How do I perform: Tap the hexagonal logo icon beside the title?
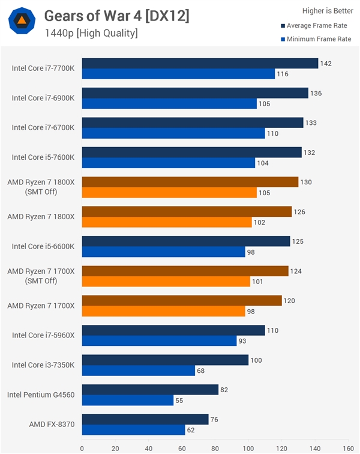pos(22,20)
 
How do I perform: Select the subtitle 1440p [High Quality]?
pos(91,33)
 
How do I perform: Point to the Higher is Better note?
pos(328,10)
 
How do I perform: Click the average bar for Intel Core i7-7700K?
pos(200,63)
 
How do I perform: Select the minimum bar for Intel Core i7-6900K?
pos(169,103)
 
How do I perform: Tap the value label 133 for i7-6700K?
pos(312,123)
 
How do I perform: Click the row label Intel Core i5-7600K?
pos(43,157)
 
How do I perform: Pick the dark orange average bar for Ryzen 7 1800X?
pos(187,211)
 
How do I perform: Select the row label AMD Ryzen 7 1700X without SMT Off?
pos(41,306)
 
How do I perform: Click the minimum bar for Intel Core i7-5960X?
pos(159,340)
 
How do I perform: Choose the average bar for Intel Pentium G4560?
pos(150,389)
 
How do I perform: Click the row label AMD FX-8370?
pos(52,425)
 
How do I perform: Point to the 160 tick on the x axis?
pos(347,447)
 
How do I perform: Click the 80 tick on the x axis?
pos(215,447)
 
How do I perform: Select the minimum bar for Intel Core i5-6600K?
pos(163,252)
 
